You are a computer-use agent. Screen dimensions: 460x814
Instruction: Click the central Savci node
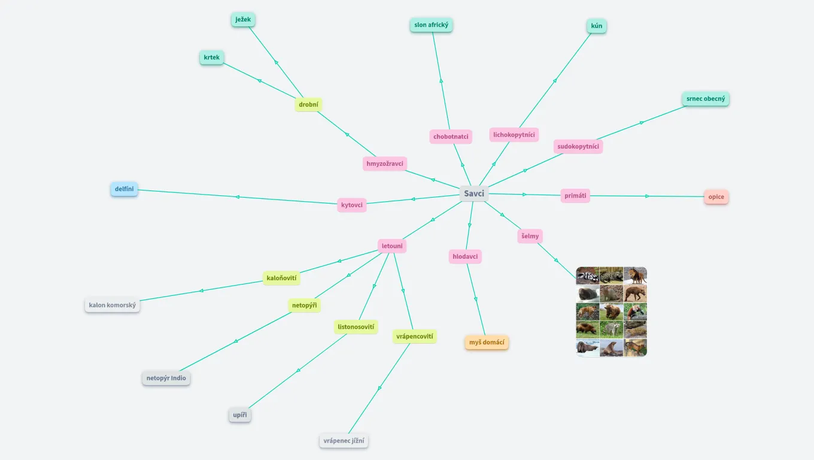(474, 193)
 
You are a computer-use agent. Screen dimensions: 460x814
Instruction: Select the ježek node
(243, 20)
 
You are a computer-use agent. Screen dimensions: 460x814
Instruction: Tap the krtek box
(211, 57)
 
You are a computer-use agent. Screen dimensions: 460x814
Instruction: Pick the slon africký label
(431, 25)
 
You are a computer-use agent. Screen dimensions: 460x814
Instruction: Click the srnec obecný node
(705, 99)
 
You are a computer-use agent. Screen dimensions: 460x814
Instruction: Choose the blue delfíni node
(124, 189)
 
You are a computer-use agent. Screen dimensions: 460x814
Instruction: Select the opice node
(716, 197)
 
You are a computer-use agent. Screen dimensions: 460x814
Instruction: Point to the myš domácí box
(487, 343)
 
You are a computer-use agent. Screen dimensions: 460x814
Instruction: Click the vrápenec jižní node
(344, 441)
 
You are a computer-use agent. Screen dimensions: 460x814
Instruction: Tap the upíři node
(239, 414)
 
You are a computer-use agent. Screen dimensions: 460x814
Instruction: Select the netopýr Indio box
(166, 379)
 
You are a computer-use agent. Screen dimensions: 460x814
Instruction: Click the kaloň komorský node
(113, 305)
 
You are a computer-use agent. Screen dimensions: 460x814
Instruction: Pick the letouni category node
(392, 246)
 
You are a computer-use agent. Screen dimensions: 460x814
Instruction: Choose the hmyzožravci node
(385, 164)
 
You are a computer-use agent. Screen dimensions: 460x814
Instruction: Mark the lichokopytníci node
(514, 135)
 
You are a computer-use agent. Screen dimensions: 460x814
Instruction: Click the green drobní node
(308, 105)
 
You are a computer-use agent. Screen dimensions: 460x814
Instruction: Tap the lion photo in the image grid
(635, 276)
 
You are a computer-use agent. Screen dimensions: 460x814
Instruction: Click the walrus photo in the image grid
(588, 348)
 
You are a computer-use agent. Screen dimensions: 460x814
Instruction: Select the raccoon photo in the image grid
(611, 329)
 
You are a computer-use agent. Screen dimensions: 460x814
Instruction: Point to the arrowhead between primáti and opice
(647, 196)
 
